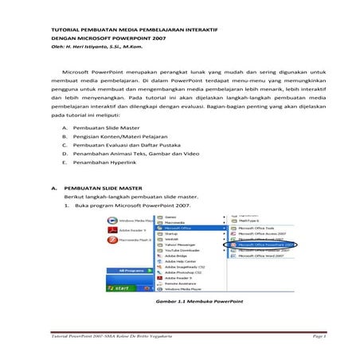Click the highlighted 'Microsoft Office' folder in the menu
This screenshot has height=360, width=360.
[x=182, y=226]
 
